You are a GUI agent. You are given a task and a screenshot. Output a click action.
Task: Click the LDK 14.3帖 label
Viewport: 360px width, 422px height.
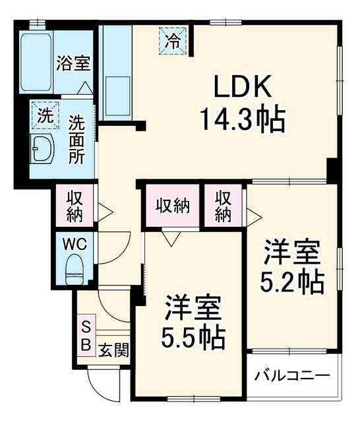pyautogui.click(x=242, y=104)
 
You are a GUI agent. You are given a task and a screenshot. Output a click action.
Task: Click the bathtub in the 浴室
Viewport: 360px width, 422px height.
pyautogui.click(x=36, y=62)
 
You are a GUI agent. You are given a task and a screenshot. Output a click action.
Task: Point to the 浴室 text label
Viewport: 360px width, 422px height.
pyautogui.click(x=73, y=63)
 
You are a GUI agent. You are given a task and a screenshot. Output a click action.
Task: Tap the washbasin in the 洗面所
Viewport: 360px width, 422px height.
pyautogui.click(x=43, y=148)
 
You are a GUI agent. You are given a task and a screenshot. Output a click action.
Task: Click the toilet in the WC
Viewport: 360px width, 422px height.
pyautogui.click(x=75, y=269)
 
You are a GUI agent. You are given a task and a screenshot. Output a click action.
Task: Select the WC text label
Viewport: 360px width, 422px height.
pyautogui.click(x=75, y=244)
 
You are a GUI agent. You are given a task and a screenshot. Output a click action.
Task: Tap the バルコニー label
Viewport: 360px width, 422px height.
pyautogui.click(x=292, y=375)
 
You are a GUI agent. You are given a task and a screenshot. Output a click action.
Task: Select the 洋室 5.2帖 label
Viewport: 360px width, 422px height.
pyautogui.click(x=292, y=266)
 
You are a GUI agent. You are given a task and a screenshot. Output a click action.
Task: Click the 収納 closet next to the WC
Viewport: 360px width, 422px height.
pyautogui.click(x=75, y=205)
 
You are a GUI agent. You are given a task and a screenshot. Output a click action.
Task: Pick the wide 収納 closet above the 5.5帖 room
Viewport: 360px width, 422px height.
pyautogui.click(x=173, y=205)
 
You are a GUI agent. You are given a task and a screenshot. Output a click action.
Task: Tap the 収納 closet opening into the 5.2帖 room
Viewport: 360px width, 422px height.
pyautogui.click(x=223, y=205)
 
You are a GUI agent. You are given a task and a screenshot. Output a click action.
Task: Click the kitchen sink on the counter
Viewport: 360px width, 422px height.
pyautogui.click(x=117, y=96)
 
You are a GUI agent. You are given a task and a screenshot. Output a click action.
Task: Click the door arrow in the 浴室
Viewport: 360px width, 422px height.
pyautogui.click(x=85, y=88)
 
